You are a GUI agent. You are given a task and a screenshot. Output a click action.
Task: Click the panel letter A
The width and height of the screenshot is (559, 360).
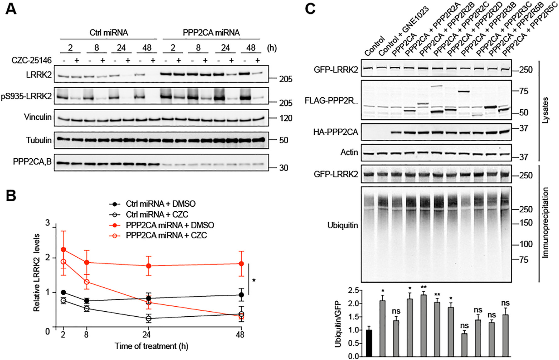click(11, 9)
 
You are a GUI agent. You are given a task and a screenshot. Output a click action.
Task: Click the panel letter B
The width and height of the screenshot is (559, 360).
click(11, 195)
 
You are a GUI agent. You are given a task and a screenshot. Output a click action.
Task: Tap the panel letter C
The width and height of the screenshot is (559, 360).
click(310, 9)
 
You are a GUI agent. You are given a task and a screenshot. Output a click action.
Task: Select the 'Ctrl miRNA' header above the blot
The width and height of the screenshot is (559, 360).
click(109, 33)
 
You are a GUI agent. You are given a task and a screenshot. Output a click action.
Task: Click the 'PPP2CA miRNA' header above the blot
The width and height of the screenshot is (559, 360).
click(211, 33)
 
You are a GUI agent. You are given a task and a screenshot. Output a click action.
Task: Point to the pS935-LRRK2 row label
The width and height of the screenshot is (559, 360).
click(26, 96)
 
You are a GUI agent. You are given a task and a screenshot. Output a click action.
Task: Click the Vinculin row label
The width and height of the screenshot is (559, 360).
click(38, 117)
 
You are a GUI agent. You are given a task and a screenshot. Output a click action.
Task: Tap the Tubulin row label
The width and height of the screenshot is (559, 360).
click(39, 140)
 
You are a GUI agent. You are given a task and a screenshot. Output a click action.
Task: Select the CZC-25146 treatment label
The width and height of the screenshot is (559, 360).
click(31, 60)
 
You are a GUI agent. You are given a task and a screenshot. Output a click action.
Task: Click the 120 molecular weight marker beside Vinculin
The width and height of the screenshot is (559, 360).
click(286, 118)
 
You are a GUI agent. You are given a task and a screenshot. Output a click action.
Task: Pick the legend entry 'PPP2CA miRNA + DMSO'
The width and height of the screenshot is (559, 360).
click(170, 225)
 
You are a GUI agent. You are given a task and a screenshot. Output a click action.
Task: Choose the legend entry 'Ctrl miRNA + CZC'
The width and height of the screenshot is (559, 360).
click(157, 215)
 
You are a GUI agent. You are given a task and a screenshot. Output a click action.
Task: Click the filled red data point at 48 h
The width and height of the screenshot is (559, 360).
click(241, 264)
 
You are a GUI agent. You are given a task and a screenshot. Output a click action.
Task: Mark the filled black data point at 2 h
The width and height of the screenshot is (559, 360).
click(64, 292)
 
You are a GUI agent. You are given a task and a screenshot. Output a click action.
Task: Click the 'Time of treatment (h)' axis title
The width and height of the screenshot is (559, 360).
click(151, 346)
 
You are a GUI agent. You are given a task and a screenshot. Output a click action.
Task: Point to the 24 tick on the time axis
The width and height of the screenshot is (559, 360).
click(147, 335)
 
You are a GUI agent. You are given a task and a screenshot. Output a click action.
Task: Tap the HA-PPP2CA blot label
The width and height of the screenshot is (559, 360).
click(335, 132)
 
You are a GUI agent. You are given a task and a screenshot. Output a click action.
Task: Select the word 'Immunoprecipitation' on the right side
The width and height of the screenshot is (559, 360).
click(545, 223)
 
